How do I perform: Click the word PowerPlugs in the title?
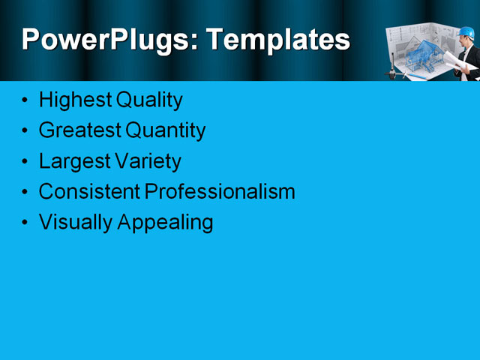[107, 39]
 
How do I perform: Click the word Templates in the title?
[277, 39]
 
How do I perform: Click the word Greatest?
[79, 130]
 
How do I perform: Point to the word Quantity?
[165, 130]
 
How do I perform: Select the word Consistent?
[88, 192]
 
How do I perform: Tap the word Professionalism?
[219, 192]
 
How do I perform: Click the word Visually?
[73, 223]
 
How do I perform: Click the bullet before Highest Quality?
[26, 100]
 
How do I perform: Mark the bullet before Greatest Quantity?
[26, 131]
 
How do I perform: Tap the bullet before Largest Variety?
[26, 162]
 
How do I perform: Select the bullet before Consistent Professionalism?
[26, 193]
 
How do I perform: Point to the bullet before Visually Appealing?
[26, 223]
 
